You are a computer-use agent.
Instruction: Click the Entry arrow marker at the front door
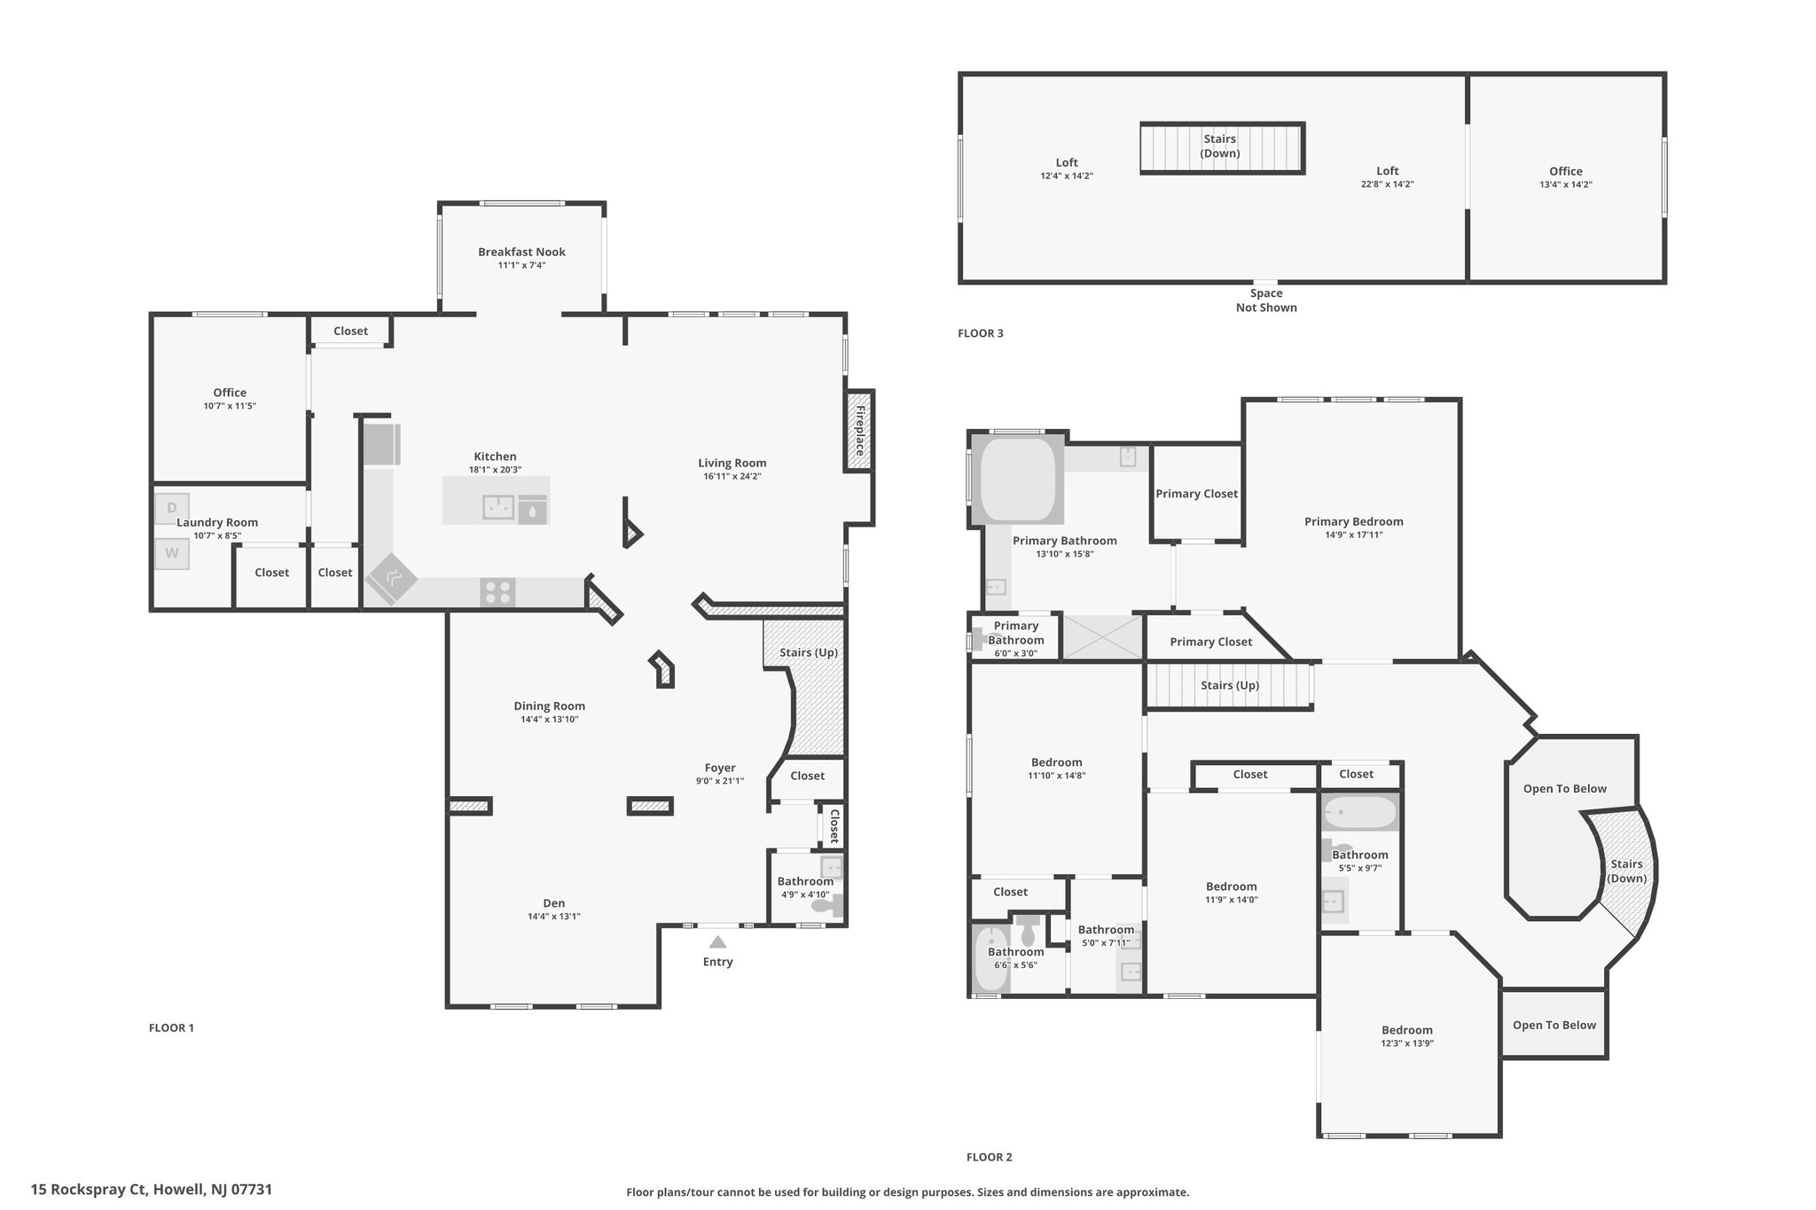(x=717, y=942)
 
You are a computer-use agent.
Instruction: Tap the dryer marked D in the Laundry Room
(x=171, y=508)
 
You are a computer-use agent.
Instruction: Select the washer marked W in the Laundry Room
(x=172, y=553)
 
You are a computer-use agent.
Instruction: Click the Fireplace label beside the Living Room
(x=859, y=430)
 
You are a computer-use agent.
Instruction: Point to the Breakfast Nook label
(x=521, y=252)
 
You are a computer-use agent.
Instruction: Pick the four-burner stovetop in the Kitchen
(x=497, y=591)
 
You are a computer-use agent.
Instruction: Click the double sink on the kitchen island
(x=498, y=507)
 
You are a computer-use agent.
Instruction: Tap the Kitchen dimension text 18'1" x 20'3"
(x=495, y=470)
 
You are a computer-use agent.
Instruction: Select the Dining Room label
(x=550, y=706)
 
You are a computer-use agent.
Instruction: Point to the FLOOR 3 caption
(x=981, y=333)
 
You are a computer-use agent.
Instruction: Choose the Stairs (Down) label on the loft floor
(x=1220, y=146)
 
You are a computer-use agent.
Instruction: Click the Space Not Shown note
(x=1266, y=301)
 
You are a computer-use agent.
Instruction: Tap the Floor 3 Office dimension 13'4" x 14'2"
(x=1566, y=184)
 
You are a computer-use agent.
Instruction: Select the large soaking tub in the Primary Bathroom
(x=1017, y=479)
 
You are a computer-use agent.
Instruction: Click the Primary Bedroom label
(x=1354, y=521)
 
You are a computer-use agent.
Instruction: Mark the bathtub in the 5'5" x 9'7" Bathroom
(x=1360, y=812)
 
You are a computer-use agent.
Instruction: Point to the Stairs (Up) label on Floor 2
(x=1230, y=685)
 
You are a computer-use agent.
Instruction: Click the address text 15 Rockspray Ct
(x=88, y=1190)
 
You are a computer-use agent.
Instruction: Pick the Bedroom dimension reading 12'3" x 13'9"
(x=1407, y=1043)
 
